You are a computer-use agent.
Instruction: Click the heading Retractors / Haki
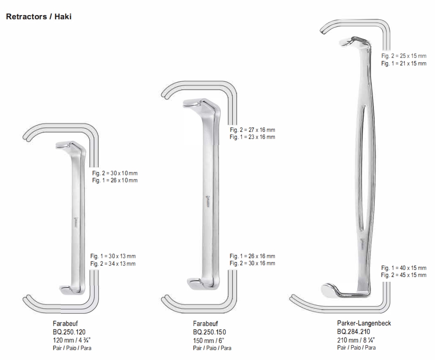coord(39,16)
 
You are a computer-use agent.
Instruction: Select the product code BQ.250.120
coord(69,332)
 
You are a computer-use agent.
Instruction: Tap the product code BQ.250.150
coord(209,332)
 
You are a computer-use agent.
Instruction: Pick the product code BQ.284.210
coord(354,331)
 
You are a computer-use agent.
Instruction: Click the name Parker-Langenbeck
coord(364,323)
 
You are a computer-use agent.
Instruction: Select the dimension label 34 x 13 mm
coord(122,263)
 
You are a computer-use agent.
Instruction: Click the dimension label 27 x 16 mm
coord(262,130)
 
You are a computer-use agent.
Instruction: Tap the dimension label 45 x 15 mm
coord(413,275)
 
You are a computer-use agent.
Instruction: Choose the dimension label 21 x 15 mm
coord(413,63)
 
